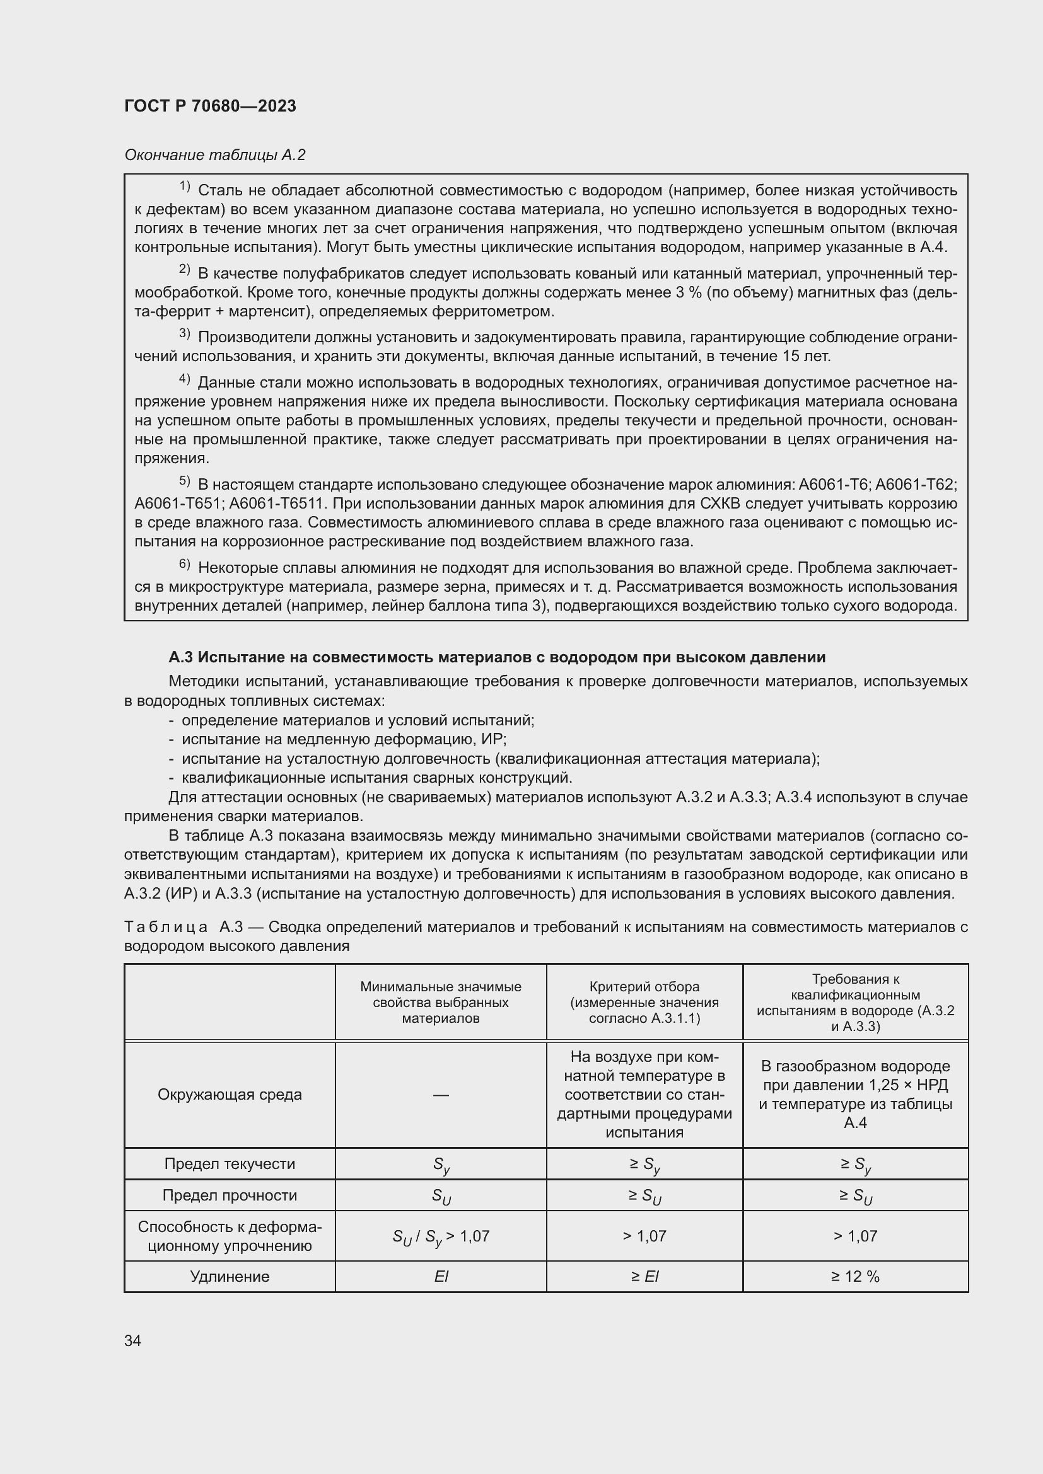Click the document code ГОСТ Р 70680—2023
click(210, 106)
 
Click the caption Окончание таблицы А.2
click(214, 155)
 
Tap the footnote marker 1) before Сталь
click(184, 187)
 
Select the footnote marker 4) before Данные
click(184, 379)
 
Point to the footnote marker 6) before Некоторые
click(184, 564)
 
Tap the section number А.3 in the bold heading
click(181, 657)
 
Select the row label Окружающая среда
click(230, 1095)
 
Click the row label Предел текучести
click(230, 1164)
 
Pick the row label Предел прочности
click(230, 1195)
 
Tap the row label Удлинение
click(230, 1276)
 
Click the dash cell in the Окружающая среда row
click(441, 1095)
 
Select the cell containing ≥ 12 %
click(855, 1276)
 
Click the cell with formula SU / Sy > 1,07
click(441, 1236)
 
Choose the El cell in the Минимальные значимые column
click(441, 1276)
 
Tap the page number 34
click(133, 1340)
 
